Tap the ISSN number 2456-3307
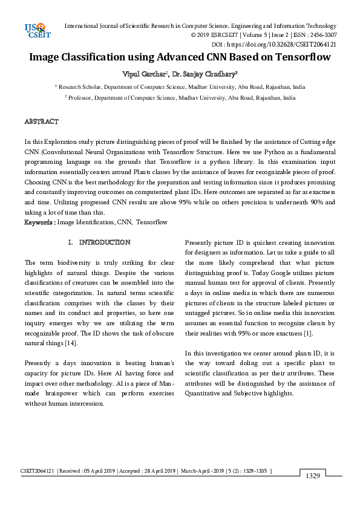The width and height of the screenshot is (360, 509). tap(322, 35)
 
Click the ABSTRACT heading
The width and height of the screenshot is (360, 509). tap(41, 122)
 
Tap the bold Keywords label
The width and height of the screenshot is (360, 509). tap(39, 222)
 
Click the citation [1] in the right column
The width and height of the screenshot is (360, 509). tap(307, 333)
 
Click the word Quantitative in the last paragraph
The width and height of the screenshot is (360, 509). tap(205, 394)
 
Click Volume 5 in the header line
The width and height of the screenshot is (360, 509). tap(249, 35)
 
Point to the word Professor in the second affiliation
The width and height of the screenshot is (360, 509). tap(82, 97)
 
